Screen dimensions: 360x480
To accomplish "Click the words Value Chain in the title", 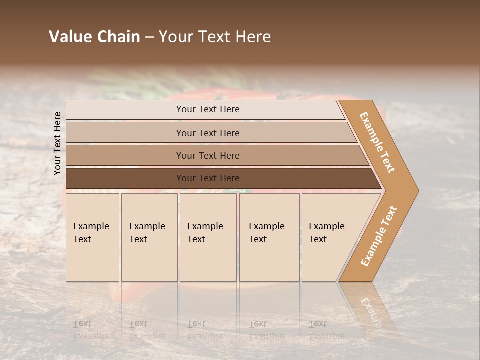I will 94,37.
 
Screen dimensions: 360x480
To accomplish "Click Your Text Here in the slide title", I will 215,37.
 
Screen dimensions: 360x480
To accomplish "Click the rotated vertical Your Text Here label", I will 57,143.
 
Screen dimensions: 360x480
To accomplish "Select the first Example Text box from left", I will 92,237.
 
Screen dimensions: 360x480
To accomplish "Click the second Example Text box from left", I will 149,237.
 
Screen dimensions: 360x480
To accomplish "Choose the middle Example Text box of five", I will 208,237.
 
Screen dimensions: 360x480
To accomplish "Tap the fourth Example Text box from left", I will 269,237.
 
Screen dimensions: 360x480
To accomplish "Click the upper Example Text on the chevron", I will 377,142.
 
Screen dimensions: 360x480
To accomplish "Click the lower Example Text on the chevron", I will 379,236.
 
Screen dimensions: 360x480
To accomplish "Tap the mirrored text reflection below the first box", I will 91,330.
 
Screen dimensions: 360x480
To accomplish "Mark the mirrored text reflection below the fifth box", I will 326,330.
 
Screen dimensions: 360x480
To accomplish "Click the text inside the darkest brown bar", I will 208,178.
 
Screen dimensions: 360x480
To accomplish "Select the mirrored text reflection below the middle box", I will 205,330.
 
